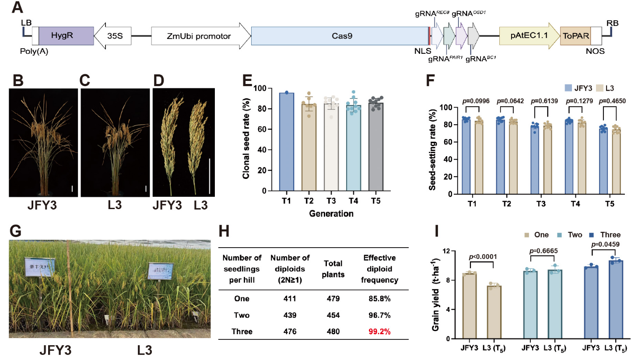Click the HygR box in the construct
point(66,36)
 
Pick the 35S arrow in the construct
point(113,36)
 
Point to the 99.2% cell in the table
point(379,332)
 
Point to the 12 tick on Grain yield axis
point(446,251)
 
